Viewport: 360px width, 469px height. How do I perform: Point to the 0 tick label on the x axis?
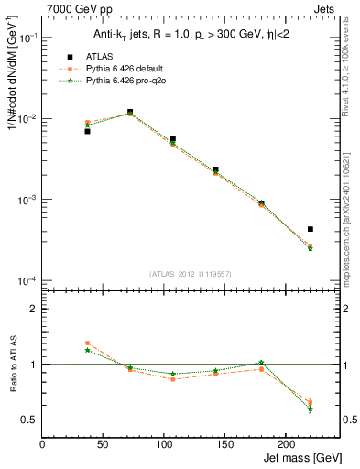[42, 444]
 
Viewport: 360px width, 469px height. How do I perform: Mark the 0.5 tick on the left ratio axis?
[31, 420]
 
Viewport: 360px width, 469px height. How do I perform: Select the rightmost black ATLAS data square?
[311, 229]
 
